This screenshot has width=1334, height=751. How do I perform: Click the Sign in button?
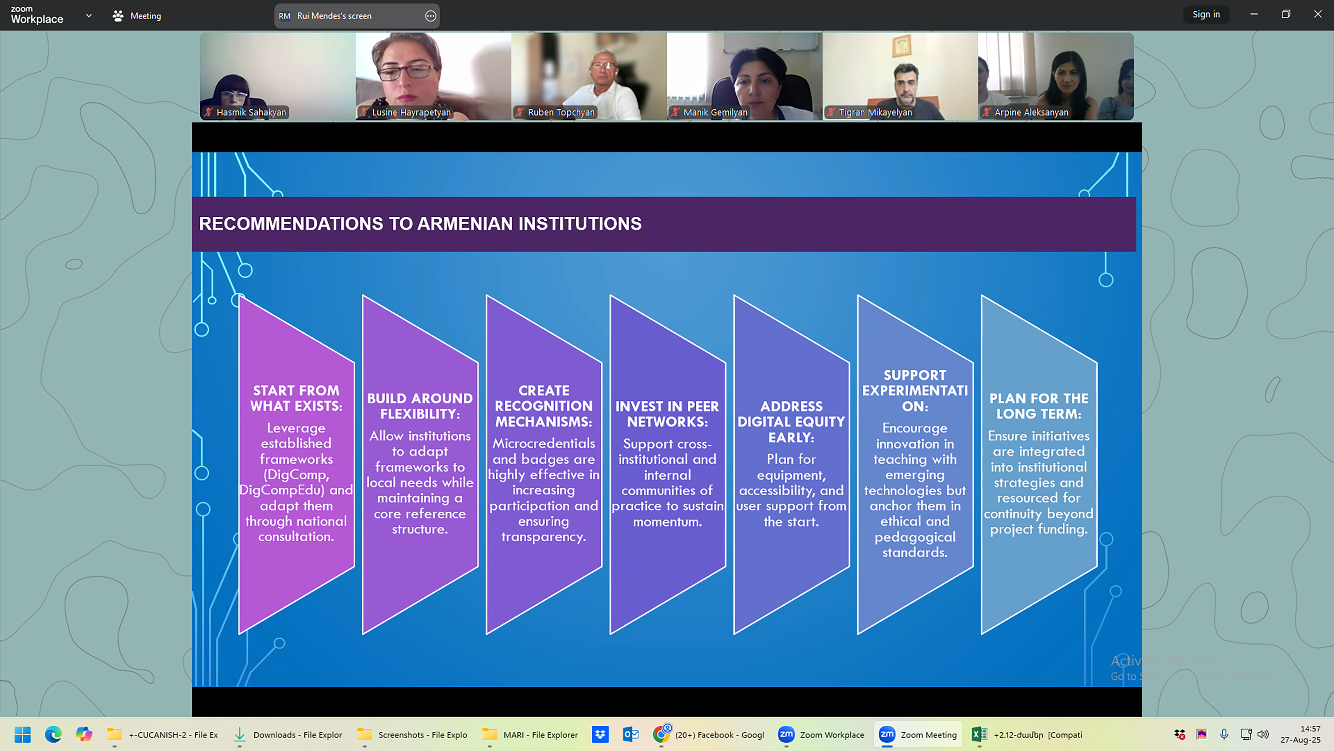point(1206,14)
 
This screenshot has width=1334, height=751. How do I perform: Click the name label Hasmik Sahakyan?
point(251,112)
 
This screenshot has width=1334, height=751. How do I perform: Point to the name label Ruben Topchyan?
point(561,112)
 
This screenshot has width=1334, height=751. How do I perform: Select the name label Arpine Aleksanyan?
point(1031,112)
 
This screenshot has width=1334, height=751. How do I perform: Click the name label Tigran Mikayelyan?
point(875,112)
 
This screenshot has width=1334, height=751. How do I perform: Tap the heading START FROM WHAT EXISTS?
point(296,398)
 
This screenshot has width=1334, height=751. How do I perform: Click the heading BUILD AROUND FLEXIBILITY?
point(420,406)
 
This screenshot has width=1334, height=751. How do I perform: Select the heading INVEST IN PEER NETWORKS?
point(668,414)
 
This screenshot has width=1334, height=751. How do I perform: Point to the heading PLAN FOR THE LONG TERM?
point(1039,406)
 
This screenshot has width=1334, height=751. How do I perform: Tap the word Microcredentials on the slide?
point(544,444)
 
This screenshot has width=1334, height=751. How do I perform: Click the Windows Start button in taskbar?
point(22,734)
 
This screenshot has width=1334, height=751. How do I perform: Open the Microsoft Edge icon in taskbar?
point(53,734)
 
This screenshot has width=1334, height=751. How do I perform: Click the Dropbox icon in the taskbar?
point(600,734)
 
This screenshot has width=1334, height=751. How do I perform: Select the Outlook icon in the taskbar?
point(630,734)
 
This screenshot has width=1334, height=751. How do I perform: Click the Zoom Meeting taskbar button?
point(918,734)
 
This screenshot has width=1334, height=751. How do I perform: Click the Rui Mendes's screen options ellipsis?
point(430,16)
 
